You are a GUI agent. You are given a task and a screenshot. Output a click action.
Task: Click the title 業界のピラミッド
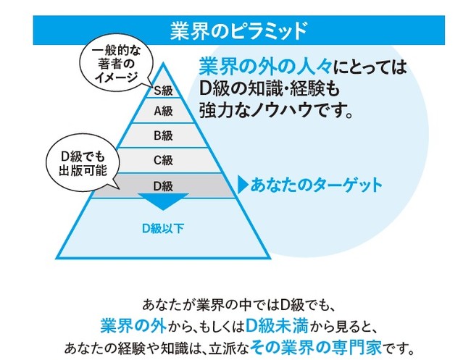point(236,30)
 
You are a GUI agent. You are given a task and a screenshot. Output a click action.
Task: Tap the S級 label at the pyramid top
point(162,91)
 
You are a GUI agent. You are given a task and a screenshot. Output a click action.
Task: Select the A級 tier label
point(162,111)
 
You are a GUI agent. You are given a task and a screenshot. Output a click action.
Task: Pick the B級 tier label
point(162,135)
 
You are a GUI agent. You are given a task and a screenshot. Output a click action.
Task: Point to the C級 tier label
point(162,160)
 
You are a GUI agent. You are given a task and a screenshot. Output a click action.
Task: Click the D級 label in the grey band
point(162,185)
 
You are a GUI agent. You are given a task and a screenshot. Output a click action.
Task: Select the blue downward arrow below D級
point(162,201)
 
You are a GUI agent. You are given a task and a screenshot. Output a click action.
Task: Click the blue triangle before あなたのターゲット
point(243,185)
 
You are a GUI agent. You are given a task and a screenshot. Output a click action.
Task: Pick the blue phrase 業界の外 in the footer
point(128,321)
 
